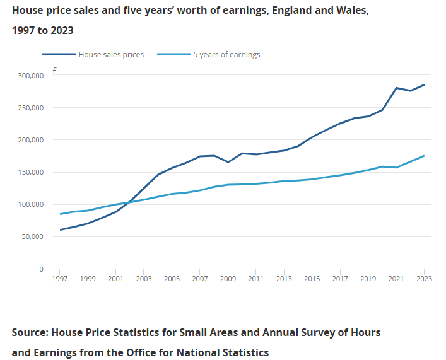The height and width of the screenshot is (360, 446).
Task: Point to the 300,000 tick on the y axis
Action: (x=31, y=76)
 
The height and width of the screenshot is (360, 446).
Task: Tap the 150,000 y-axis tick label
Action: (x=31, y=172)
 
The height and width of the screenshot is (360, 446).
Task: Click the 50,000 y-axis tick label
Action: (x=33, y=236)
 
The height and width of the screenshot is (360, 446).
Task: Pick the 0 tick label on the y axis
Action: (x=41, y=269)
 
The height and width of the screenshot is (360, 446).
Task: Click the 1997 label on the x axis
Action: (x=61, y=278)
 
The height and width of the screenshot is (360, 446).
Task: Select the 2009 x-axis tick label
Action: (x=228, y=278)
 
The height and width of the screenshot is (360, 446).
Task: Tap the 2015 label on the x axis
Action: (x=312, y=278)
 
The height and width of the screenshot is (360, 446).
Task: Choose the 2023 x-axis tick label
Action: (x=423, y=278)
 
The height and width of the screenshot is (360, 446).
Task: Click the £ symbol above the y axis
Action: (x=55, y=71)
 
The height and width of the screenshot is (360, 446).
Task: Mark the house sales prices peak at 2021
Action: (x=396, y=88)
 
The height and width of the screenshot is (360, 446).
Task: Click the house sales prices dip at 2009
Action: (x=228, y=162)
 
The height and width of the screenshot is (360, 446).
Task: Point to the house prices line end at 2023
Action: (x=424, y=85)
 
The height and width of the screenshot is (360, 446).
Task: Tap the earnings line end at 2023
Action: (x=424, y=156)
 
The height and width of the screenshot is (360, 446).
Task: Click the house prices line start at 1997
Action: (x=61, y=229)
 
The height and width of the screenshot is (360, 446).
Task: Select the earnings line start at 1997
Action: (x=61, y=214)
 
